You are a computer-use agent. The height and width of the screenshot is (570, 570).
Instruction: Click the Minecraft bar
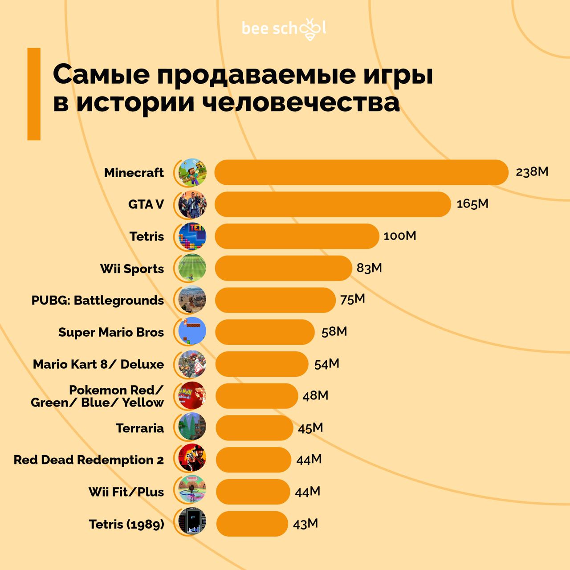point(361,172)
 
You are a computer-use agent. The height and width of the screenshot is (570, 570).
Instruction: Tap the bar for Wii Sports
point(283,268)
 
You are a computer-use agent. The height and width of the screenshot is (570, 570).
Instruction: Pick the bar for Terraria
point(254,428)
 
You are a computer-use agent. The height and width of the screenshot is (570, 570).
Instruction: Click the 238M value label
point(532,172)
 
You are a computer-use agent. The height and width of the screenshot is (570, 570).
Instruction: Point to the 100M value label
point(399,236)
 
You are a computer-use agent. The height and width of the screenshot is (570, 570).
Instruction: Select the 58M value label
point(334,332)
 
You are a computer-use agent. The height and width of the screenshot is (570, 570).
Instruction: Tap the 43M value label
point(305,524)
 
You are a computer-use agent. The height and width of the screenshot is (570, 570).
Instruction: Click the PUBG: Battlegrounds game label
point(98,300)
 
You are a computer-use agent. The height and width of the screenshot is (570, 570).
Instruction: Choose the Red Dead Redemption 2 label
point(89,460)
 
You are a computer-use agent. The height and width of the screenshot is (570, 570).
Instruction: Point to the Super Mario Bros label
point(111,332)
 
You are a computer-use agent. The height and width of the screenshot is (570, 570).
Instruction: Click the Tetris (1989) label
point(126,524)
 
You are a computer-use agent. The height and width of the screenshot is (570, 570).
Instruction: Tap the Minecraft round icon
point(192,172)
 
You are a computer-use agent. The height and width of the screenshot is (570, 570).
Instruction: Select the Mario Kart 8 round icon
point(192,364)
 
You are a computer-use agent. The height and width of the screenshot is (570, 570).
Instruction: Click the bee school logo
point(284,28)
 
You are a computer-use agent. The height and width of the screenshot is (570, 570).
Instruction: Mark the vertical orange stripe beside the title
point(34,94)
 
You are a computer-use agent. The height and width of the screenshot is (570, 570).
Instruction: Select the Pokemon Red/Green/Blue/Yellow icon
point(192,395)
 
